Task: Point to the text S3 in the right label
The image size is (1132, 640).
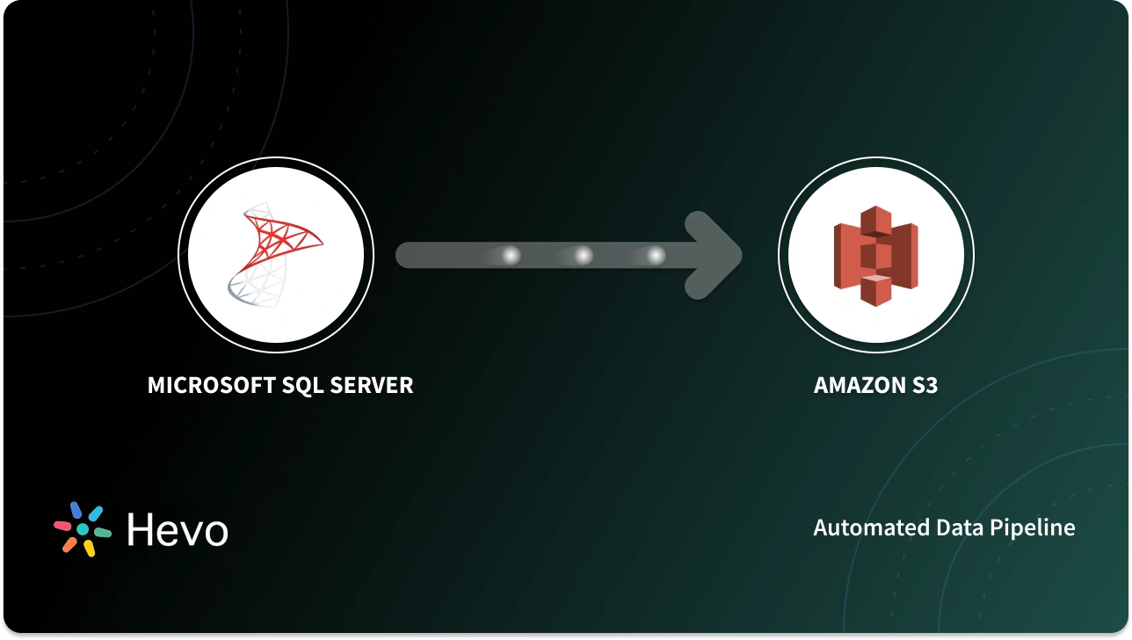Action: [x=923, y=385]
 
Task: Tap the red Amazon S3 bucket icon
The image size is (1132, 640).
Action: [x=875, y=255]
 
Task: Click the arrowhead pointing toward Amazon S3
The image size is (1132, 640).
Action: [x=716, y=255]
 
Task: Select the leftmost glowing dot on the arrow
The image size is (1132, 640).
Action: [x=511, y=255]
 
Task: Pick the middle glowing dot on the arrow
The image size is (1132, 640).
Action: [x=584, y=255]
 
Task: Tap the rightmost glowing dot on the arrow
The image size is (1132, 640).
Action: [x=656, y=255]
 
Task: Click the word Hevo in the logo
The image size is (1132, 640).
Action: [x=177, y=530]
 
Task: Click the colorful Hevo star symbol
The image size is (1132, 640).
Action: [x=83, y=529]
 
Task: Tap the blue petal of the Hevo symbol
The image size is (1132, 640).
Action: [x=76, y=511]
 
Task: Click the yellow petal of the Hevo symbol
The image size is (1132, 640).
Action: [x=90, y=548]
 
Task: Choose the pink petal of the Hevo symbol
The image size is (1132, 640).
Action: [x=62, y=526]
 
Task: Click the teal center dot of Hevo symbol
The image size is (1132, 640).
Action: [x=83, y=529]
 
